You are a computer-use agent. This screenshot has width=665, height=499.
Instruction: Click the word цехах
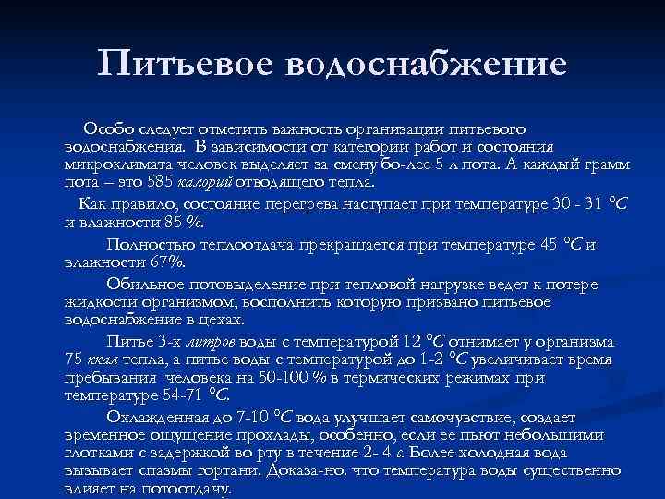(x=223, y=320)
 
